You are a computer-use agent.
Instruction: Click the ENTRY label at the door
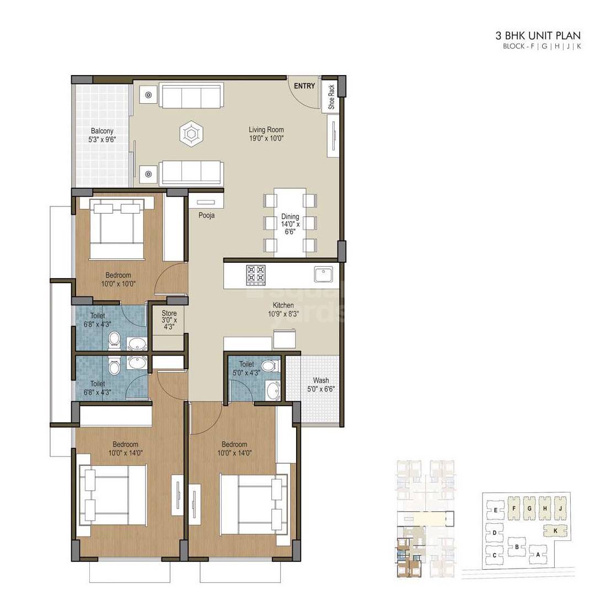point(304,86)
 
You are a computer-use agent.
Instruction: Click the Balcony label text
point(102,131)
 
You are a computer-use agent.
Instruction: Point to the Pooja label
point(207,215)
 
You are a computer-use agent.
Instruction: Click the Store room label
point(169,314)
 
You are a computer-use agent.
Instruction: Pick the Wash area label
point(320,380)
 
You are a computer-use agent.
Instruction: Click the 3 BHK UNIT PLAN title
point(538,36)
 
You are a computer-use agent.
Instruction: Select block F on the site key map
point(513,508)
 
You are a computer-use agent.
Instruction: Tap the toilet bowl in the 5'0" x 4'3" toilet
point(269,365)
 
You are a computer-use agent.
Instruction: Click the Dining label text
point(290,217)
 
